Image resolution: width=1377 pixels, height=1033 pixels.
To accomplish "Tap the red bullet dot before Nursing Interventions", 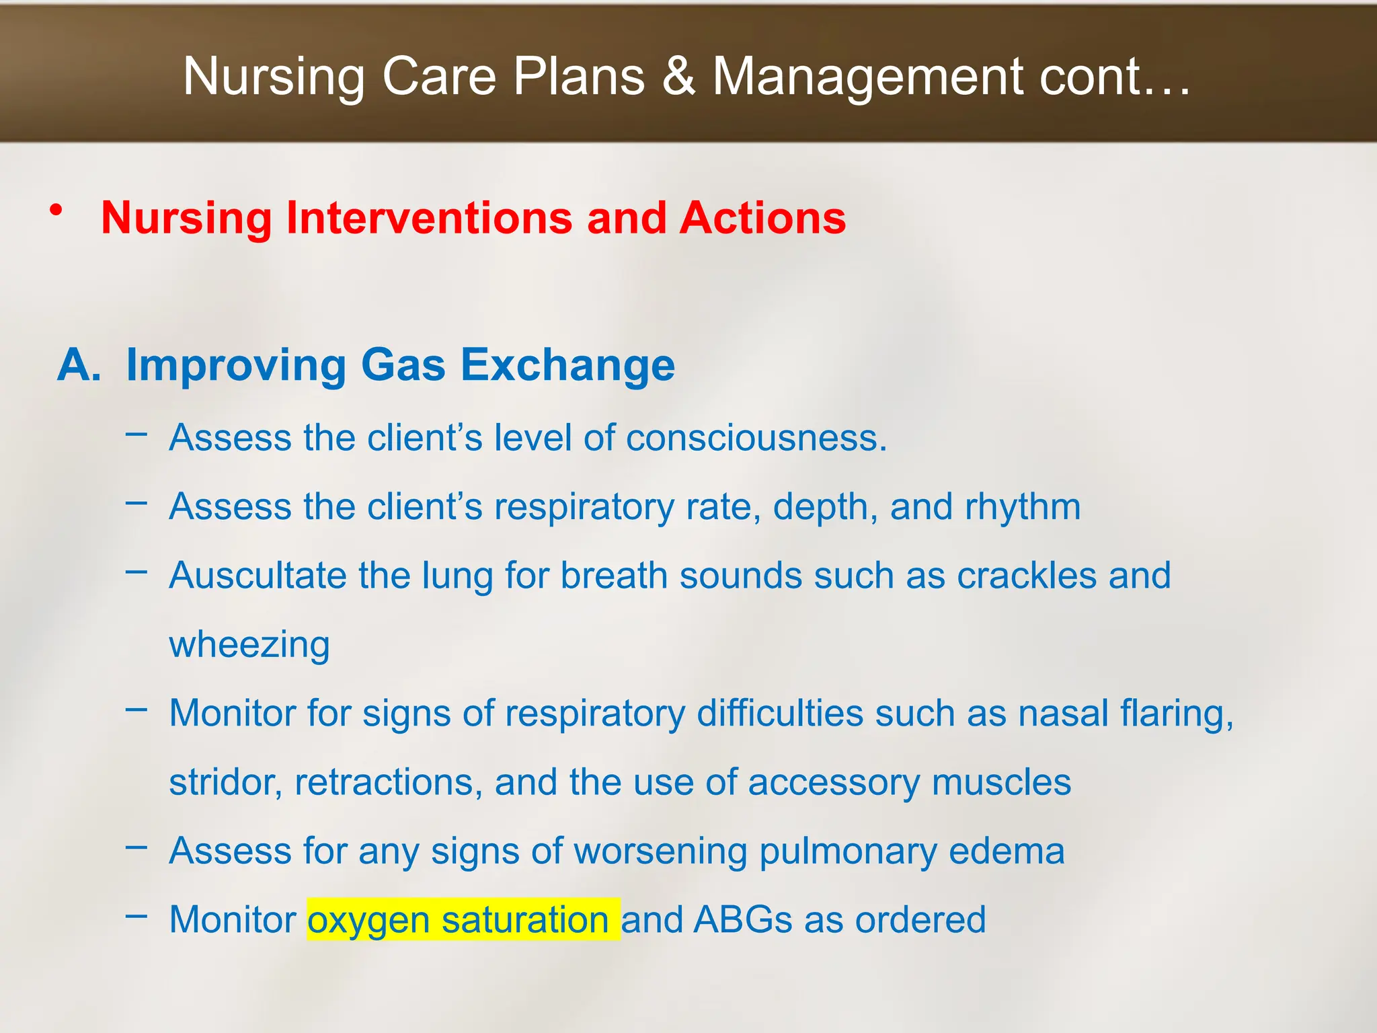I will pos(56,211).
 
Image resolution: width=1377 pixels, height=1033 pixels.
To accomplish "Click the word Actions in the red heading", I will pos(762,219).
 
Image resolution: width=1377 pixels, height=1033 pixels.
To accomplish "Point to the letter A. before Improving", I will pos(79,365).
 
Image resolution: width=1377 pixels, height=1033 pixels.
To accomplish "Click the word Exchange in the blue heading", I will pos(567,365).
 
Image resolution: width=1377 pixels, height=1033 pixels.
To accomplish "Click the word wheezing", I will pos(249,646).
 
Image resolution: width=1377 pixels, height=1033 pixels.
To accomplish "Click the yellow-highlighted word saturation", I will pos(525,920).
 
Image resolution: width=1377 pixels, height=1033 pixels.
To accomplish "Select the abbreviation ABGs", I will pos(743,920).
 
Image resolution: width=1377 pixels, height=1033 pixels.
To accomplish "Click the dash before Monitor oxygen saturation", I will pos(136,915).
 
